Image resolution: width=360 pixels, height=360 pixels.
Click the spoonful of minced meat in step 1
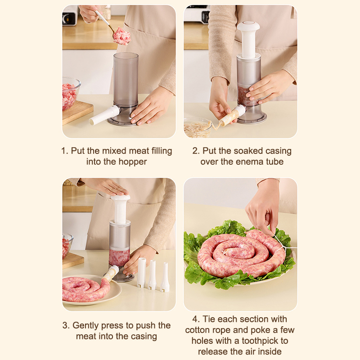[x=121, y=36]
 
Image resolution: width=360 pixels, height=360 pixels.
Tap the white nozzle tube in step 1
[x=105, y=115]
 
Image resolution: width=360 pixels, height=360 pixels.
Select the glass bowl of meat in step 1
[x=70, y=93]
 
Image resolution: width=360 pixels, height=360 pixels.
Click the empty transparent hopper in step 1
[x=126, y=79]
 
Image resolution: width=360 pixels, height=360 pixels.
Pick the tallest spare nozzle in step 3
[x=141, y=273]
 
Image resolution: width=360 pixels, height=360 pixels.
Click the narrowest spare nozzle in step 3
[x=165, y=277]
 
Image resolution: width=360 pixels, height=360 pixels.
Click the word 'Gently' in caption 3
[x=85, y=325]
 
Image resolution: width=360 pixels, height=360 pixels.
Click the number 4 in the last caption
[x=195, y=319]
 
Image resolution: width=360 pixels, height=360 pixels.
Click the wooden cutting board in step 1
[x=77, y=112]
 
